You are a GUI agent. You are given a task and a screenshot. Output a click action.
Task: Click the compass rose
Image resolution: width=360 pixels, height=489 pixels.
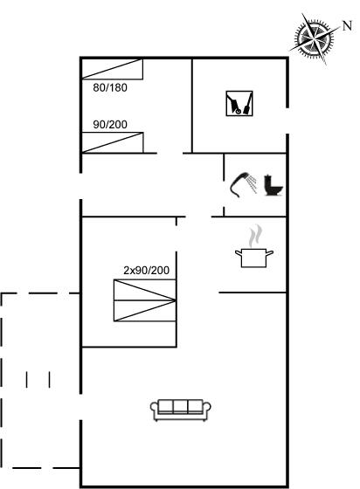[314, 38]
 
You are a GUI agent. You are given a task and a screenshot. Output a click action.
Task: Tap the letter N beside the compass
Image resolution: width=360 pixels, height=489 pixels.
[347, 25]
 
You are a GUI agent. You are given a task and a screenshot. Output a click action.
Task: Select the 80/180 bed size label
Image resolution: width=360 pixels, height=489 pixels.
[110, 87]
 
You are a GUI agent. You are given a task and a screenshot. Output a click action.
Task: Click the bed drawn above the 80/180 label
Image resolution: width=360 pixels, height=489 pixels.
[113, 69]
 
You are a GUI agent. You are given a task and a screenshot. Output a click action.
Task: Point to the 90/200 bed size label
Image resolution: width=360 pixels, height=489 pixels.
[110, 125]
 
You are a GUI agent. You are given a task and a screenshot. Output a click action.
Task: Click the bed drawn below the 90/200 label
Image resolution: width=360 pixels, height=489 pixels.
[113, 142]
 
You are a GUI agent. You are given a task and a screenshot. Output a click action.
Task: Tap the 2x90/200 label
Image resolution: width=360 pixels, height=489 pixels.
[146, 270]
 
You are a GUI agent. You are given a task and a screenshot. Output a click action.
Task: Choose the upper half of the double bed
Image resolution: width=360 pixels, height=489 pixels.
[145, 290]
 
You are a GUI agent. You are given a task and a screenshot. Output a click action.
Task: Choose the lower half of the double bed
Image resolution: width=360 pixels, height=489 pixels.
[145, 311]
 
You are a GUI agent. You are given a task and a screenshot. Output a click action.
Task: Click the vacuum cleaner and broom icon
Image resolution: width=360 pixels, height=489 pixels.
[239, 104]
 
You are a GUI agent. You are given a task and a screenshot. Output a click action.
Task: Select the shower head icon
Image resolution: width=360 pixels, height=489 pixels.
[243, 184]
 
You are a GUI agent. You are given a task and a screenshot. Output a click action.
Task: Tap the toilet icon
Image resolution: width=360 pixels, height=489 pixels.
[273, 186]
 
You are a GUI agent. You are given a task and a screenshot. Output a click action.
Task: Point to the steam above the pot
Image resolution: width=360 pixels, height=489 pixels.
[255, 235]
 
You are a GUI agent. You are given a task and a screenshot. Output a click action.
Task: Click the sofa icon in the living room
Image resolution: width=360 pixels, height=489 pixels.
[181, 410]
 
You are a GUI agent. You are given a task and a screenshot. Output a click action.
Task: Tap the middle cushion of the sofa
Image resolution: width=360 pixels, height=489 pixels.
[180, 406]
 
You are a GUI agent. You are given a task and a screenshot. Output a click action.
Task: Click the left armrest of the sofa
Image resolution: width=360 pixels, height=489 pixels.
[155, 410]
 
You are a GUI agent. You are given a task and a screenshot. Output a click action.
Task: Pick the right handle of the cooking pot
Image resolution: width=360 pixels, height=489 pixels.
[269, 252]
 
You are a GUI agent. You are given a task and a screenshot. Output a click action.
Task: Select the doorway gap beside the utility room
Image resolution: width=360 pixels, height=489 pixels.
[287, 121]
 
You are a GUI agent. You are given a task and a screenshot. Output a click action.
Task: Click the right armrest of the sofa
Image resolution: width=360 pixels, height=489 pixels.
[207, 410]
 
